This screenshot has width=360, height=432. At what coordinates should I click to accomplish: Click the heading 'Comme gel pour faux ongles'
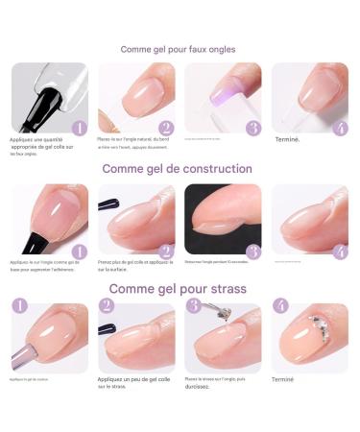point(179,49)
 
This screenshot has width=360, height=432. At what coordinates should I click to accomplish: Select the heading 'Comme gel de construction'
point(180,169)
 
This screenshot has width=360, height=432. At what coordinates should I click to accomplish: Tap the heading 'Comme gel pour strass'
point(178,289)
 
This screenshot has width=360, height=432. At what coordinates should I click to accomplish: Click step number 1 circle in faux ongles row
point(80,127)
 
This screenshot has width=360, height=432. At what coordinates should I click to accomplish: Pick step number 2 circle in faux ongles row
point(166,127)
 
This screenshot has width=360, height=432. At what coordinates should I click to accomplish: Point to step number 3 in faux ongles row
point(252,127)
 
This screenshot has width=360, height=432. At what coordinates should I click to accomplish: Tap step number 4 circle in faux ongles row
point(339,127)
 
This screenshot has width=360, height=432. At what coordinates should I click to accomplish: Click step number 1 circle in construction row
point(80,252)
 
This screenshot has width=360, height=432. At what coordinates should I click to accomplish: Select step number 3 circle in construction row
point(252,252)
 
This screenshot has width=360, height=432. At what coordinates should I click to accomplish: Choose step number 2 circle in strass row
point(107,306)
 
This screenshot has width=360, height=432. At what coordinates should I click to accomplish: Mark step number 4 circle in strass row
point(280,306)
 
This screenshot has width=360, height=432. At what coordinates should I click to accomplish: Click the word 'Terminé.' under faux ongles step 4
point(288,139)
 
